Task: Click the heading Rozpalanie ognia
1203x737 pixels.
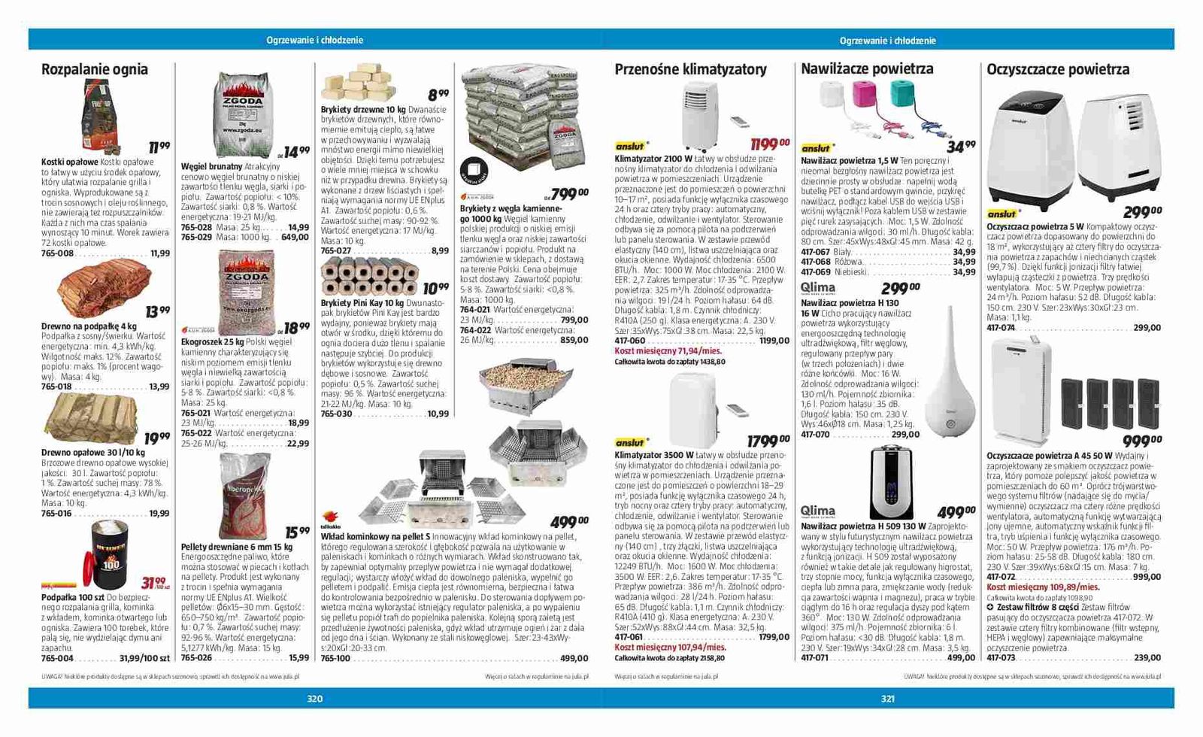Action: [95, 70]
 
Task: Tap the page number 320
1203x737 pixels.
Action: [315, 699]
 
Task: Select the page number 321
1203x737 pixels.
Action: [888, 699]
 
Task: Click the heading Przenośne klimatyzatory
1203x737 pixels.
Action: [690, 70]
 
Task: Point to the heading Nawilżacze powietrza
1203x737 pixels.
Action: [867, 69]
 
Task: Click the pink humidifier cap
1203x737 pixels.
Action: [867, 96]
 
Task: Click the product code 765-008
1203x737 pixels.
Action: [57, 253]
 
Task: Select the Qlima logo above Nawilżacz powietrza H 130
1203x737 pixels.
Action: [818, 288]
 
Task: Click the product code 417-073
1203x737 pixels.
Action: [1001, 657]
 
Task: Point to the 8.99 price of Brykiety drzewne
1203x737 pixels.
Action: [438, 95]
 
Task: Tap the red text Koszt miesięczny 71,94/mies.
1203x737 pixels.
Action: [668, 351]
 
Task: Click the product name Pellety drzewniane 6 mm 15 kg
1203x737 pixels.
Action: [237, 547]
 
